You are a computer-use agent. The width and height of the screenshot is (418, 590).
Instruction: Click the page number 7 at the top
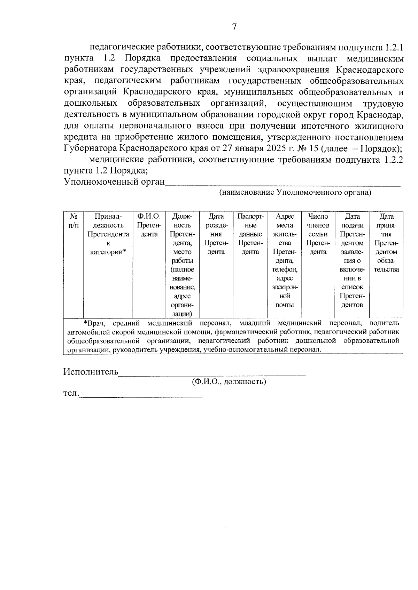click(x=234, y=27)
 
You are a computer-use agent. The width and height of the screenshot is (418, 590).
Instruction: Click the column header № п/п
click(x=73, y=221)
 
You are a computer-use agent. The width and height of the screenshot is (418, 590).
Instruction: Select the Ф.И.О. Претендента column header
click(x=149, y=225)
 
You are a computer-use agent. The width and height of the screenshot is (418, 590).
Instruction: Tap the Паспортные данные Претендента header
click(x=250, y=234)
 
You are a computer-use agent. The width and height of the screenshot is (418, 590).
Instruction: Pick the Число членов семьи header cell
click(x=318, y=234)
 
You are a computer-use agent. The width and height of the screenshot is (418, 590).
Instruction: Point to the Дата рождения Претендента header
click(x=216, y=234)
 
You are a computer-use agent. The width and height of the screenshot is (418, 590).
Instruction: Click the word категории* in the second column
click(x=108, y=252)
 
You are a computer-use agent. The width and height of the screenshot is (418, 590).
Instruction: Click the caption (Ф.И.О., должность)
click(x=229, y=382)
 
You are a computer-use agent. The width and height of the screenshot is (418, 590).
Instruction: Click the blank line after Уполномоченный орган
click(x=282, y=183)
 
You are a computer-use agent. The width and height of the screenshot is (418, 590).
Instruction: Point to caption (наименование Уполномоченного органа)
click(x=295, y=192)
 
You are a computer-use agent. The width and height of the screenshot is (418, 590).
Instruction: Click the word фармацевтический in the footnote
click(x=246, y=332)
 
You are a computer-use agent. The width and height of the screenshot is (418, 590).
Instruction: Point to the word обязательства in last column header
click(x=386, y=265)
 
